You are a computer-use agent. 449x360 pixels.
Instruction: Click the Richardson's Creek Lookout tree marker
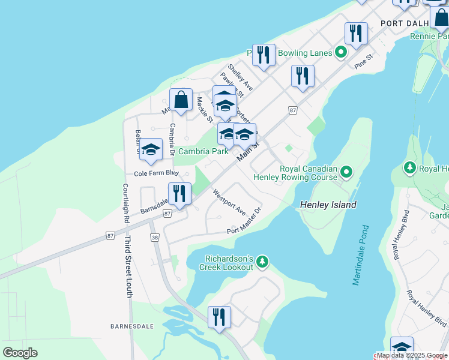262,262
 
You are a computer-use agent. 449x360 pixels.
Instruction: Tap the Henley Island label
328,205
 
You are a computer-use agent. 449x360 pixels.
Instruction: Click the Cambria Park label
203,152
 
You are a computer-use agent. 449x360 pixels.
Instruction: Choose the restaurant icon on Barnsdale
179,194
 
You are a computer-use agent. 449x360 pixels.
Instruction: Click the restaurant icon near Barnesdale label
219,317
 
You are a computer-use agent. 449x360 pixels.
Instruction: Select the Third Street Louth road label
128,266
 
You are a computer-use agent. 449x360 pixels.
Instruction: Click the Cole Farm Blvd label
157,173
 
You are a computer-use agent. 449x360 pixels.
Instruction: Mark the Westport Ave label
229,203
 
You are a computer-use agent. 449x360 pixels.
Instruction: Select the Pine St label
364,61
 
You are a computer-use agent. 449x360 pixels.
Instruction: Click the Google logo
20,353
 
